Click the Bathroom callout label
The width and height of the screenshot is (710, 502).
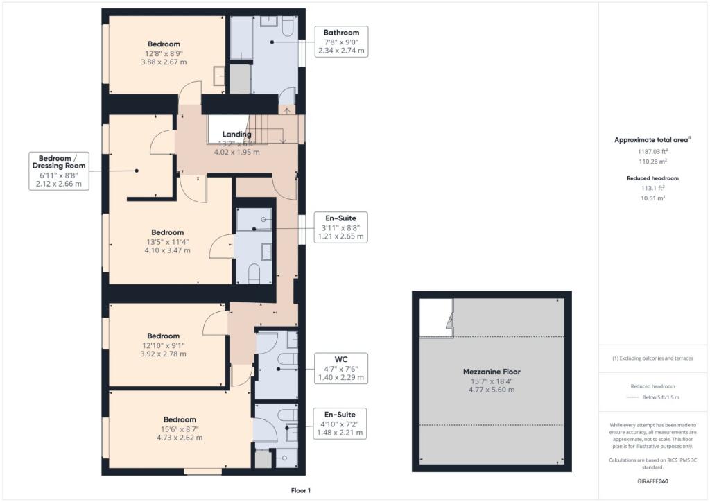(341, 42)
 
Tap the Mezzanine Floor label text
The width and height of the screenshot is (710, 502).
(492, 372)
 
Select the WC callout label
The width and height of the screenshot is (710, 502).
(340, 368)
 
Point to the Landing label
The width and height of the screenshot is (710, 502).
(236, 134)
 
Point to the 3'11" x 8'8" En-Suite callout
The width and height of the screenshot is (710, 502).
(340, 227)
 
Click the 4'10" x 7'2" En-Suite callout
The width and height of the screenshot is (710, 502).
(339, 424)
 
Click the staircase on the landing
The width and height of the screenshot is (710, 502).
(275, 129)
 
